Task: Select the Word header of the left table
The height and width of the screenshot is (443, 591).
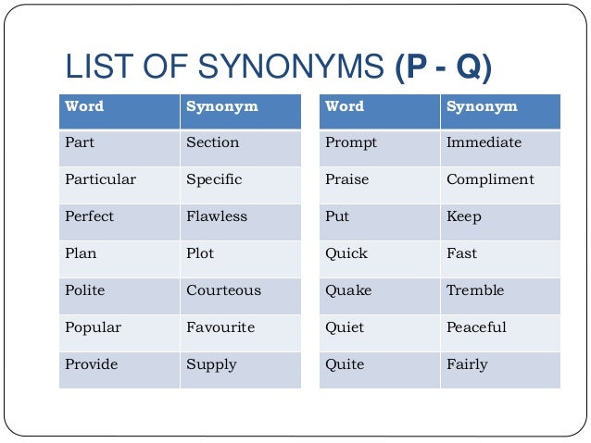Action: pyautogui.click(x=84, y=106)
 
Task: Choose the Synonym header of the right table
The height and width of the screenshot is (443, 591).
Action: pyautogui.click(x=482, y=106)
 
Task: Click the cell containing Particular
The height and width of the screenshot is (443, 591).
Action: pyautogui.click(x=100, y=179)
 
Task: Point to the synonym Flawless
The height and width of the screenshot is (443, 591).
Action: pyautogui.click(x=217, y=216)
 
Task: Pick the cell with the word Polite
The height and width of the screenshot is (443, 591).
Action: pyautogui.click(x=85, y=290)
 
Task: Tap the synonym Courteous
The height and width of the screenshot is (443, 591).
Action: pyautogui.click(x=223, y=290)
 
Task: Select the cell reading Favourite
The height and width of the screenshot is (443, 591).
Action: pyautogui.click(x=220, y=327)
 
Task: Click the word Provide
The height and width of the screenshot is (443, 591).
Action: pyautogui.click(x=92, y=364)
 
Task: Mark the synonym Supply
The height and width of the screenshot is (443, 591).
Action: pyautogui.click(x=211, y=365)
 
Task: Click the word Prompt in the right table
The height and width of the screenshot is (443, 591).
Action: pyautogui.click(x=351, y=142)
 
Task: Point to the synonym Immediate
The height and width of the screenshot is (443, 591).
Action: pyautogui.click(x=484, y=142)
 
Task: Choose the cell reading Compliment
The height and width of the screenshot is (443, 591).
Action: pyautogui.click(x=490, y=179)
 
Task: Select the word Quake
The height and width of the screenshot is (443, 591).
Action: pyautogui.click(x=348, y=290)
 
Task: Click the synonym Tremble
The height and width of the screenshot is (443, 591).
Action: pyautogui.click(x=475, y=290)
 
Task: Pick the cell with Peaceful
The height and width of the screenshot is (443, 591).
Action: pyautogui.click(x=476, y=327)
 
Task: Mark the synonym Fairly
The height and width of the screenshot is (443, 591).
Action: pyautogui.click(x=467, y=364)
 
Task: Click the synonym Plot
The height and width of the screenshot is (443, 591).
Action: pyautogui.click(x=201, y=253)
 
